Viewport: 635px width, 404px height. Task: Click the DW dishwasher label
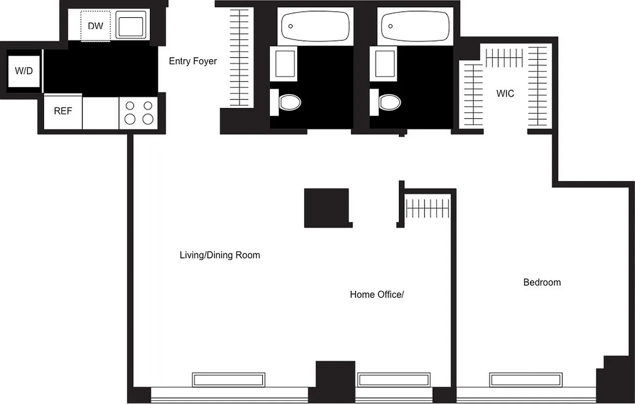95,26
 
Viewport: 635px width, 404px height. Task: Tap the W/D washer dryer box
24,71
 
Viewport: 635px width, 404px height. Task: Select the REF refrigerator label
63,111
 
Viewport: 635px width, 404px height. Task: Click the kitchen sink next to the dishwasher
131,25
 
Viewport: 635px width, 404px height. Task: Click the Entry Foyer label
193,61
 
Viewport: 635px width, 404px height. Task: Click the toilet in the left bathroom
289,103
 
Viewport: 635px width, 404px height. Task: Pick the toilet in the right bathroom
389,103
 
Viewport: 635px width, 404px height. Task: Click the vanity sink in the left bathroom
286,63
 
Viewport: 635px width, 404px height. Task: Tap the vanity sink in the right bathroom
386,63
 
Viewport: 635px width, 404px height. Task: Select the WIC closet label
505,93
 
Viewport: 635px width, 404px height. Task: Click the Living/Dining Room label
220,255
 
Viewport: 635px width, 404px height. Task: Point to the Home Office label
377,294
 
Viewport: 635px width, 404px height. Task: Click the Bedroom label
542,282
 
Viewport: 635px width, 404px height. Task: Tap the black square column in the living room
327,208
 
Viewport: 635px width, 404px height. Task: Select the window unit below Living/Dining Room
229,380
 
